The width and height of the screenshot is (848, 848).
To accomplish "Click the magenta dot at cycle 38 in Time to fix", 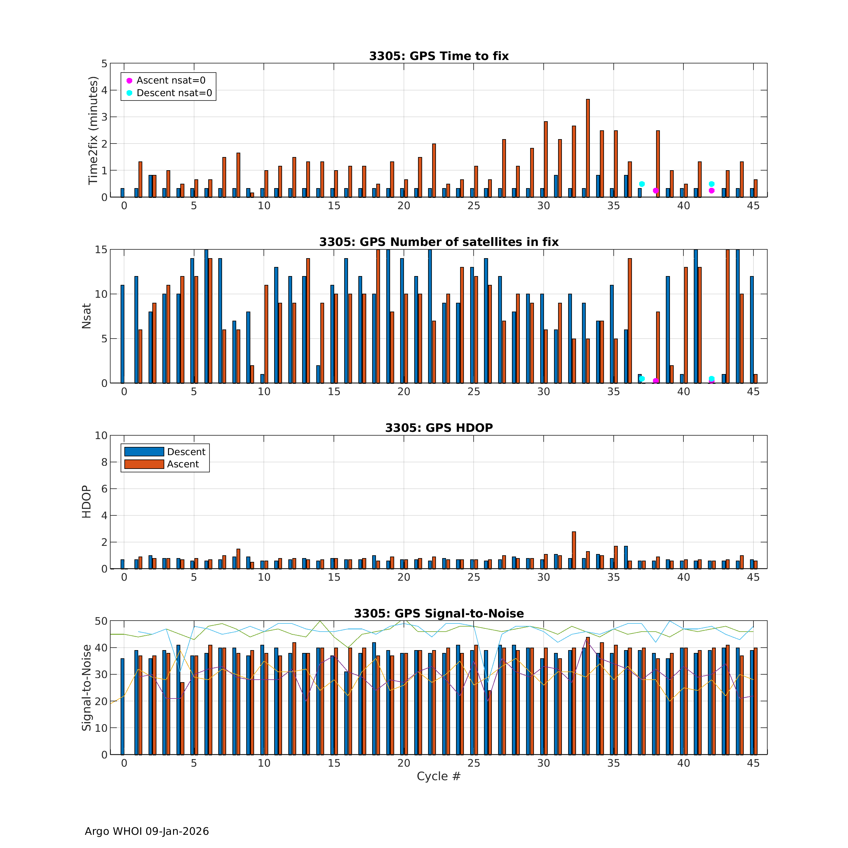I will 655,191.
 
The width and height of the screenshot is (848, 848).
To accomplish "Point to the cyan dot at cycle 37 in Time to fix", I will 642,184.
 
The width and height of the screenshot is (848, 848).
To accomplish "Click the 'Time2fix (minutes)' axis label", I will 93,130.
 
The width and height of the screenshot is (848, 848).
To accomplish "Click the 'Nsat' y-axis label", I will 86,316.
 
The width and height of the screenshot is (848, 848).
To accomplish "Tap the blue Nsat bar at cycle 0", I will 122,334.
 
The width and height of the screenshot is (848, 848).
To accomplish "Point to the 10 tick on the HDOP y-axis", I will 101,435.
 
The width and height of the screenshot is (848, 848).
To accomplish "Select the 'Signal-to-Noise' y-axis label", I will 86,688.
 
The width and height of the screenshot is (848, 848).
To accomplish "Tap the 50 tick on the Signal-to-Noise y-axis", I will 101,621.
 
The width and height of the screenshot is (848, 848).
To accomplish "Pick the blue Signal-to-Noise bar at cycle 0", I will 122,706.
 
